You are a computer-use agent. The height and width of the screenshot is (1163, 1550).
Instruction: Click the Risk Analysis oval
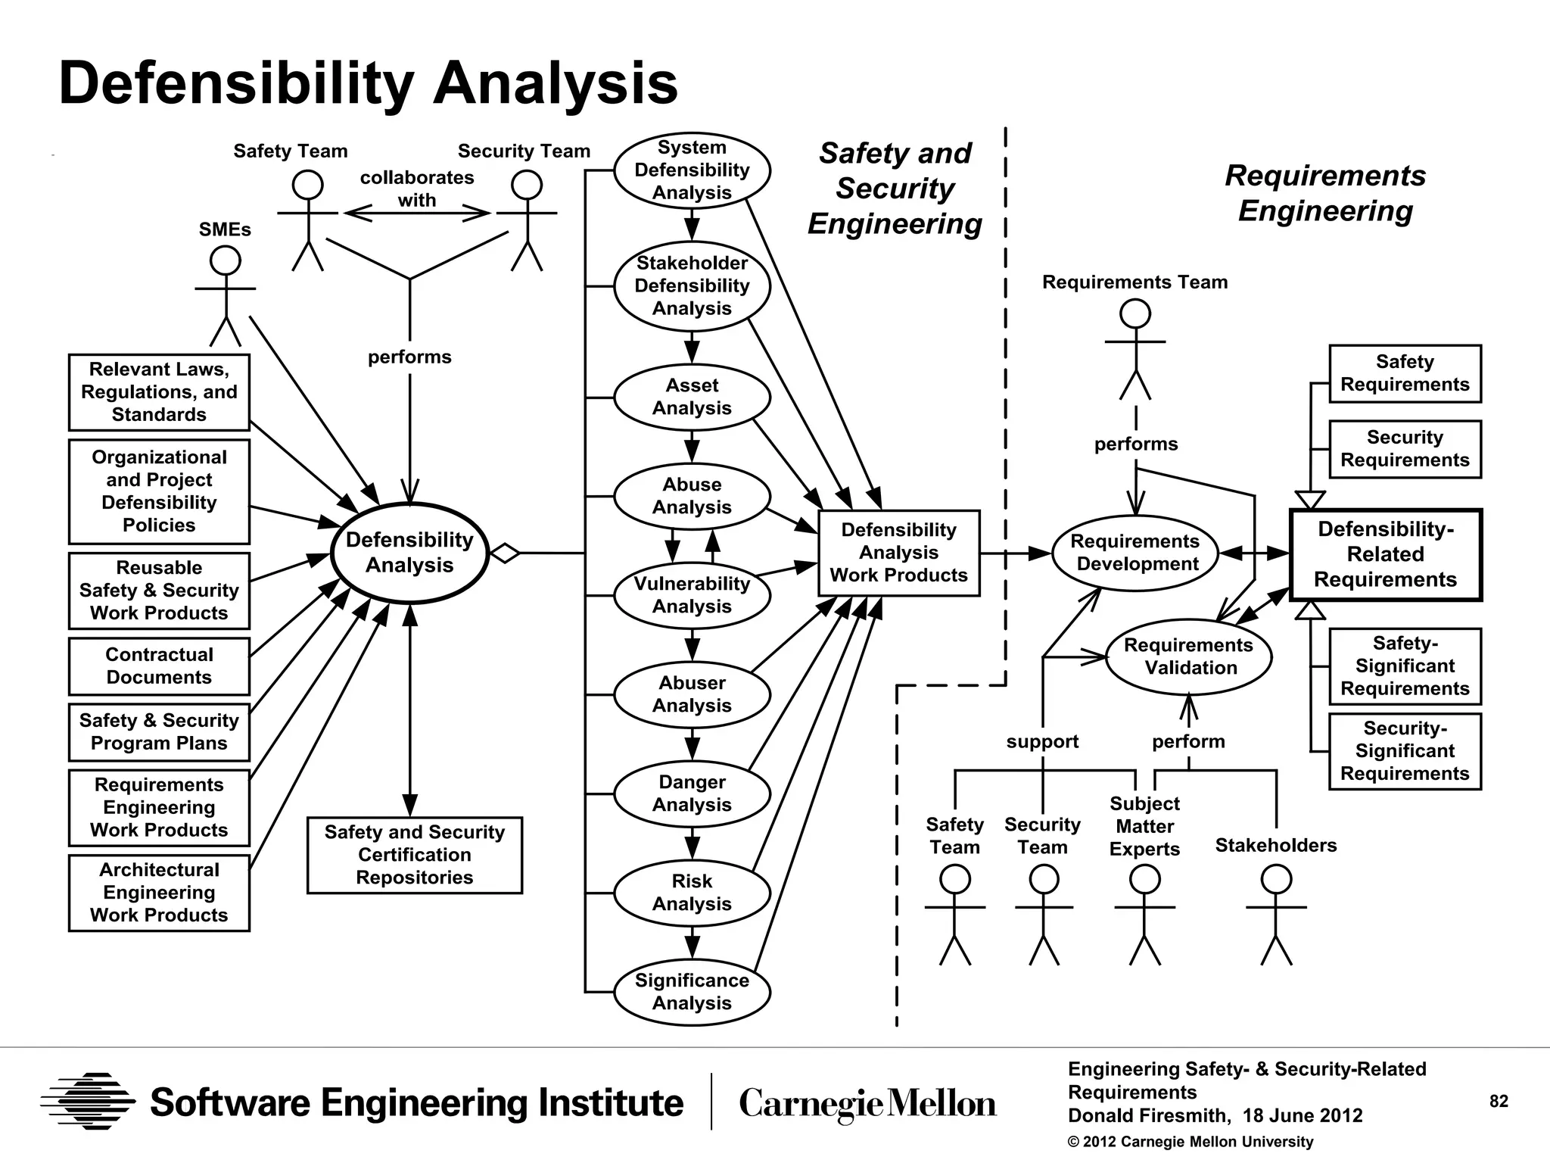(x=692, y=893)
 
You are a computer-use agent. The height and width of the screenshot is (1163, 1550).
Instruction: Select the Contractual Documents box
(x=159, y=666)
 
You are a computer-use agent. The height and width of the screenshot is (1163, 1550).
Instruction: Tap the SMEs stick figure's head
(x=225, y=261)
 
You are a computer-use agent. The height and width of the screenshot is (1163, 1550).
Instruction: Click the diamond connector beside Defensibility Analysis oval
(x=505, y=553)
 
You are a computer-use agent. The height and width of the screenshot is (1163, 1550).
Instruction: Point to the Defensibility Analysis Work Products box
(x=898, y=553)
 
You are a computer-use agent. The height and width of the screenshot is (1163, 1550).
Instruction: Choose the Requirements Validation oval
(x=1188, y=656)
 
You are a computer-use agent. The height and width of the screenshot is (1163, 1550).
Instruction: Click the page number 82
(x=1499, y=1102)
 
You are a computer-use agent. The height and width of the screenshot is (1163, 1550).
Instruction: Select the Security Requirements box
(x=1405, y=449)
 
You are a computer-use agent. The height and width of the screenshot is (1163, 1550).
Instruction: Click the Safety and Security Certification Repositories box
(x=414, y=855)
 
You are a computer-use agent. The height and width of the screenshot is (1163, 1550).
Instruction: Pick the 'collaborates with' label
(x=417, y=189)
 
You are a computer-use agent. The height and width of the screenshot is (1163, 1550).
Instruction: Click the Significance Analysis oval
(x=692, y=991)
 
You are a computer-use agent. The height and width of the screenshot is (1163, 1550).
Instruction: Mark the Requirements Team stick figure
(x=1134, y=349)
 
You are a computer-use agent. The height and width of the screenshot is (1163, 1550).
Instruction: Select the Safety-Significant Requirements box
(x=1405, y=666)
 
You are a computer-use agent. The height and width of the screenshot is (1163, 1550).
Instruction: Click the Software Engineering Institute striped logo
(x=88, y=1102)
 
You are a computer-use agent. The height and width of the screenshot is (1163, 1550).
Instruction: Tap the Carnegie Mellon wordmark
(x=867, y=1104)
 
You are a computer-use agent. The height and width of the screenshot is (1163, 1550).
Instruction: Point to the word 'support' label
(x=1042, y=741)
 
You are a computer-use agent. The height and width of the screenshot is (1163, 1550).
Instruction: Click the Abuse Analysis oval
(x=692, y=496)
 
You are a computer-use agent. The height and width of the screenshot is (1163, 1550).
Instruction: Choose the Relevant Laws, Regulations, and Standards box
(x=159, y=392)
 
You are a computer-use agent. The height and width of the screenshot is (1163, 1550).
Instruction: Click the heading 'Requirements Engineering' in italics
(x=1325, y=193)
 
